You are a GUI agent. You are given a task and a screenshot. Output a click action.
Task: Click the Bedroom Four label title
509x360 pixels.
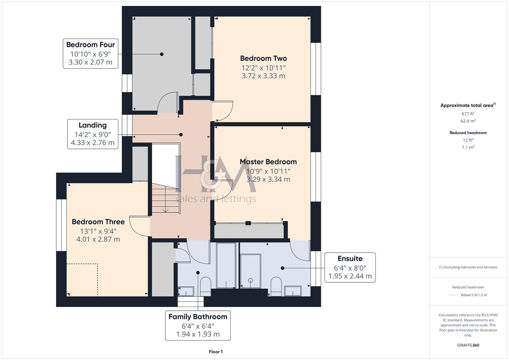click(x=90, y=45)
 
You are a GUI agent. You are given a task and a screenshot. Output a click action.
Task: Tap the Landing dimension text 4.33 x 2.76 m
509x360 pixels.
click(x=93, y=143)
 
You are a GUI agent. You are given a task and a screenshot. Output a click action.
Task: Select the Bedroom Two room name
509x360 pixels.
click(x=263, y=58)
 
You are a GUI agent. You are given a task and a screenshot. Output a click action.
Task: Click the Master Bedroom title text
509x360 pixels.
click(x=268, y=162)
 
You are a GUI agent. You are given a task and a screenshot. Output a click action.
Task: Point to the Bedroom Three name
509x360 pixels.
click(x=98, y=222)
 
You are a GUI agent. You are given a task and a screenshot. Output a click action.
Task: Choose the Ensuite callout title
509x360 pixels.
click(x=350, y=258)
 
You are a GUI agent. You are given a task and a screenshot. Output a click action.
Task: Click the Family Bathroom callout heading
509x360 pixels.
click(x=198, y=317)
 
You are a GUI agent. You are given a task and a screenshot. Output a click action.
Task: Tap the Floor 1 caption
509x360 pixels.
click(x=216, y=352)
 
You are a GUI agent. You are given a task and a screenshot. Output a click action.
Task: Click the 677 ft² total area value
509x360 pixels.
click(x=468, y=114)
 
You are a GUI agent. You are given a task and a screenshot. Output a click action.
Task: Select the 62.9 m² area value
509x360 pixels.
click(x=468, y=121)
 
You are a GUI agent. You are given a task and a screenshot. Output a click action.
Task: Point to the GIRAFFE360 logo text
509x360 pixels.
click(x=468, y=345)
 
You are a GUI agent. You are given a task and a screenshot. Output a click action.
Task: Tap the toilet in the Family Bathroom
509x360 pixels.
click(x=205, y=286)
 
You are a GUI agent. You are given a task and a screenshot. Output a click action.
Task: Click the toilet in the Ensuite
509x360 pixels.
click(x=276, y=286)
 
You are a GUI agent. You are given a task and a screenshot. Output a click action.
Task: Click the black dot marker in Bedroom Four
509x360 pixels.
click(x=162, y=54)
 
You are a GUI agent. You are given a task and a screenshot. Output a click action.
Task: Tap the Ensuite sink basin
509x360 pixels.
click(x=293, y=291)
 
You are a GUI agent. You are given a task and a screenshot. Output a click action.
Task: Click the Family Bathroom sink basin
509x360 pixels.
click(x=186, y=291)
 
